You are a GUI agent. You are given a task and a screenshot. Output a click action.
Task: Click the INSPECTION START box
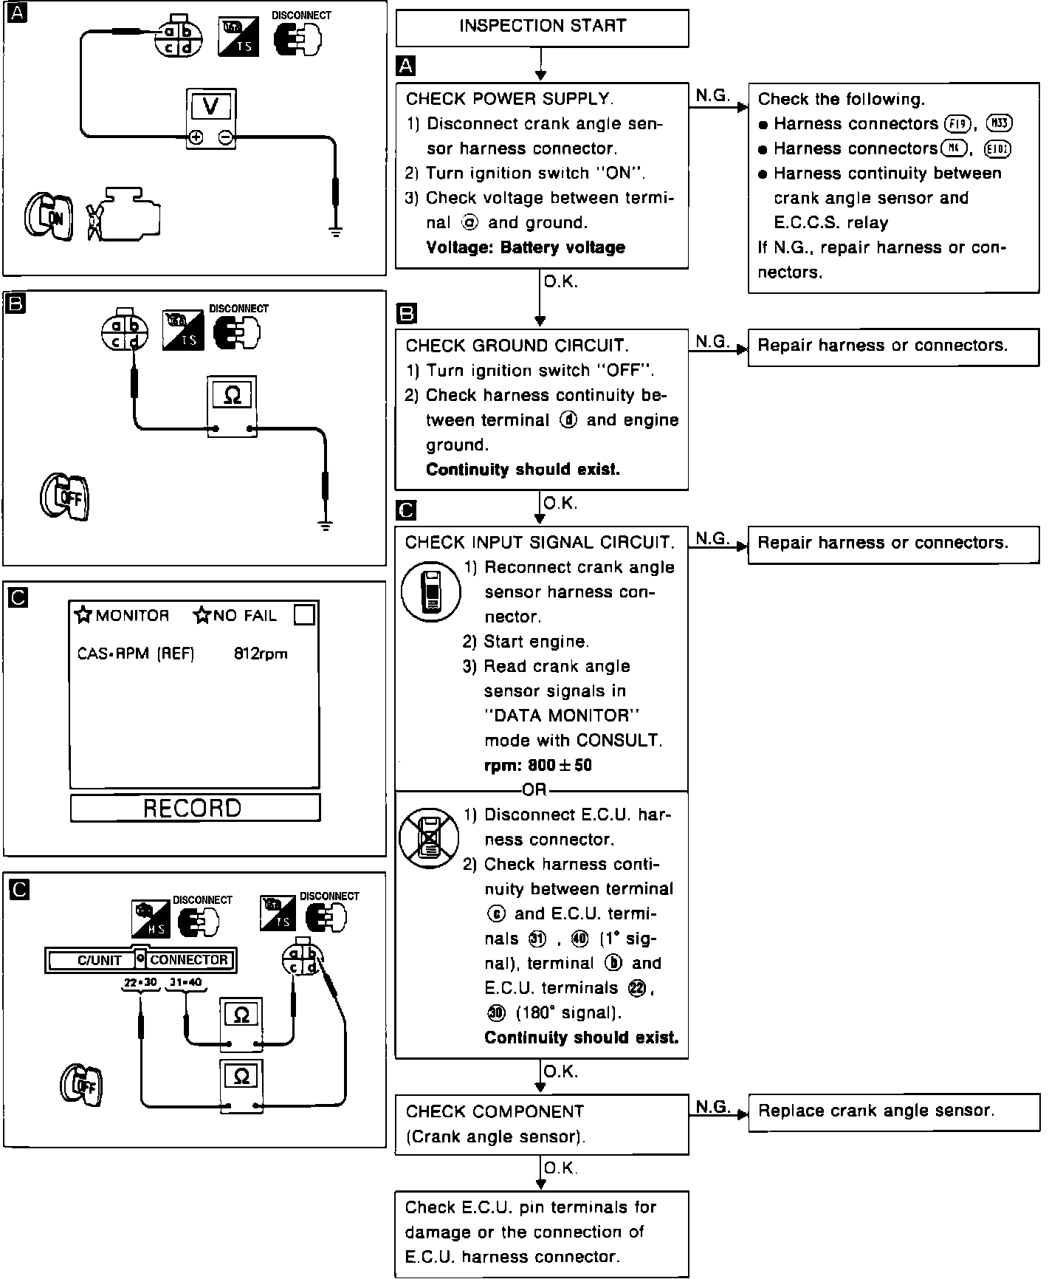[x=542, y=27]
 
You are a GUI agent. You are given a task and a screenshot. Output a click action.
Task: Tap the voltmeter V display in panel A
[x=210, y=107]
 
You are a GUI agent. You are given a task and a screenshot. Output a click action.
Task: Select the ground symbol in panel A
[x=336, y=231]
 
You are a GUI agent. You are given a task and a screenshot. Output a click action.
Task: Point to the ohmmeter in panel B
[x=232, y=406]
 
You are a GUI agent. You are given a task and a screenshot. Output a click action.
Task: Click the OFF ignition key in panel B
[x=65, y=495]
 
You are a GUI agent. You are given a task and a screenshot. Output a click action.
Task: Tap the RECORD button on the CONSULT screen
[x=195, y=808]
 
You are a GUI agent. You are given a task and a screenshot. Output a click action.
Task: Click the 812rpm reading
[x=261, y=654]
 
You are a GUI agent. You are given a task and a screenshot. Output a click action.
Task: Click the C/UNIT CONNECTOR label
[x=140, y=960]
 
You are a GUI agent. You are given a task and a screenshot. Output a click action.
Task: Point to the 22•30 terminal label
[x=141, y=983]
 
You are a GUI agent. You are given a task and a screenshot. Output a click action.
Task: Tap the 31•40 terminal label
[x=186, y=983]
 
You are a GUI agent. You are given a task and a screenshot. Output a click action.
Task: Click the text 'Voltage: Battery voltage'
[x=526, y=247]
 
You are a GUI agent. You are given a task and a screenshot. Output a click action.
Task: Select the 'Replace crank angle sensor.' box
[x=893, y=1111]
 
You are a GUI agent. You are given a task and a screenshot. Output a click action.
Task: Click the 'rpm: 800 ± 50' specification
[x=538, y=765]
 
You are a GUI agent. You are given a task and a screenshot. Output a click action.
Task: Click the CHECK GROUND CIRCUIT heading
[x=517, y=346]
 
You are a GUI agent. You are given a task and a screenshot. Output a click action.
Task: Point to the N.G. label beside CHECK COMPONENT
[x=712, y=1107]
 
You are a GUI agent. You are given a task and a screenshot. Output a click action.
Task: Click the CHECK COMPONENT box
[x=541, y=1124]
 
